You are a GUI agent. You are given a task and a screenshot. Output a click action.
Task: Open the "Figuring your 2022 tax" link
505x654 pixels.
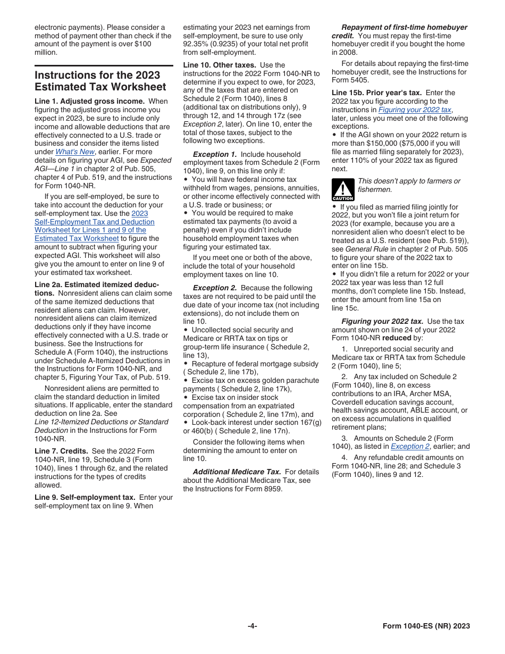click(415, 110)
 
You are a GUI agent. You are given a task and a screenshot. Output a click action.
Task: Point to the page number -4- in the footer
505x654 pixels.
click(252, 626)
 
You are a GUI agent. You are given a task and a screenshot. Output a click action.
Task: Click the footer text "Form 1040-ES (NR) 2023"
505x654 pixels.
click(426, 626)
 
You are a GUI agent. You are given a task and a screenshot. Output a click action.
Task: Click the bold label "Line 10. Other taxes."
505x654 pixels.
click(219, 65)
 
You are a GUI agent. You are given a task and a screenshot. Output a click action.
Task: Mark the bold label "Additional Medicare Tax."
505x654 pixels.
click(237, 472)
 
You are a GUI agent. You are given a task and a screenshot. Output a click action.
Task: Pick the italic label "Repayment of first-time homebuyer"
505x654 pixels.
click(404, 27)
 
